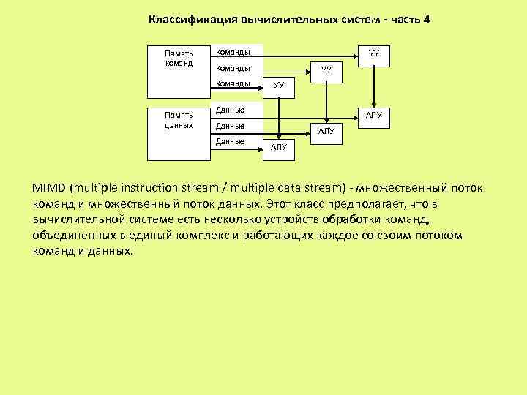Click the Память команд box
(178, 69)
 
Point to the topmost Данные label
(230, 110)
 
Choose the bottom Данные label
(230, 141)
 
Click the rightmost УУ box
(373, 54)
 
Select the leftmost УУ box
(279, 86)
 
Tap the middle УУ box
(326, 69)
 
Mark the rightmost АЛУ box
(373, 115)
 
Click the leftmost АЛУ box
(279, 148)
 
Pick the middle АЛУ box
(326, 131)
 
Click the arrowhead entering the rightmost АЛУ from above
(373, 104)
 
